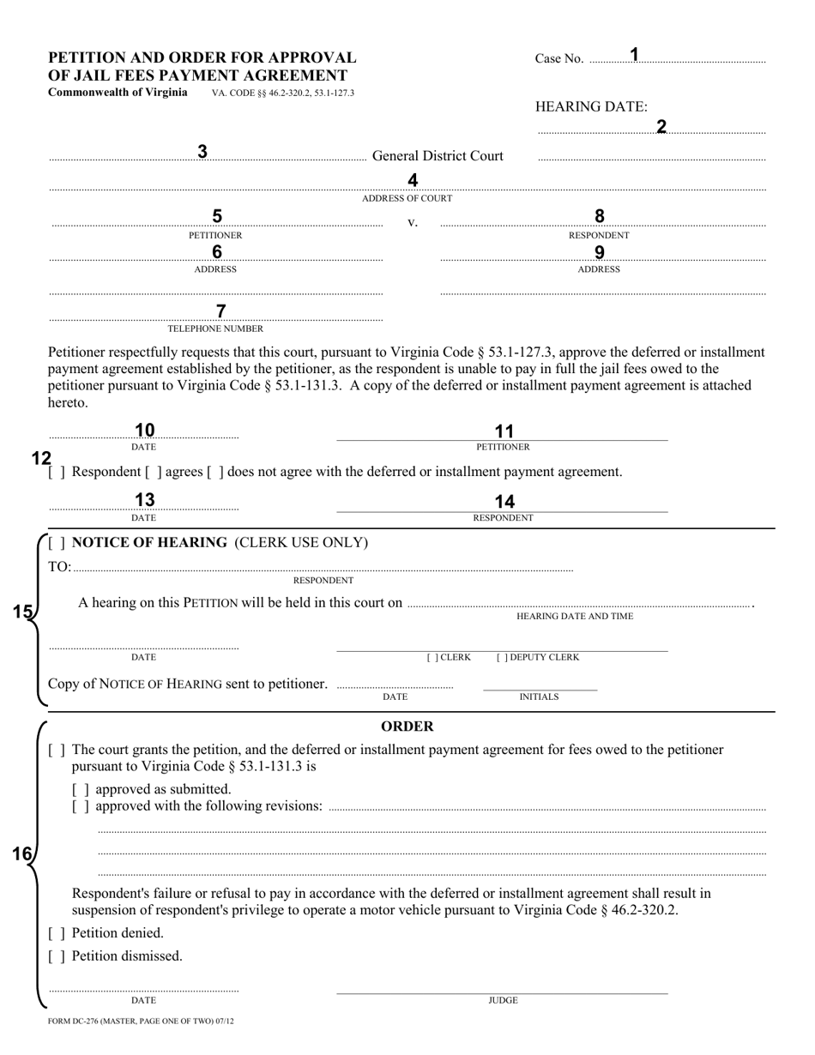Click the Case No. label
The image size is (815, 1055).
coord(558,58)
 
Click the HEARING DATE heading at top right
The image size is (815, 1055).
coord(591,106)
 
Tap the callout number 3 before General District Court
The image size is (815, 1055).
coord(202,152)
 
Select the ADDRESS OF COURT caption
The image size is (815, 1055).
coord(407,198)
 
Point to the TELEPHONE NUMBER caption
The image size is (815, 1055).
coord(215,329)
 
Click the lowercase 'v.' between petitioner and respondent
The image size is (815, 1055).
coord(412,223)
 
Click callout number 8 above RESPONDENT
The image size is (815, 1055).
coord(600,216)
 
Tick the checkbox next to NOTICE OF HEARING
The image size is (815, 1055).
coord(57,543)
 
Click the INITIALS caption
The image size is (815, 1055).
coord(539,697)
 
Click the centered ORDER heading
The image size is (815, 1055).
coord(407,726)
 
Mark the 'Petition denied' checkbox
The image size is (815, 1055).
coord(57,933)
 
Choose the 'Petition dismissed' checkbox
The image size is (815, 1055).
coord(57,956)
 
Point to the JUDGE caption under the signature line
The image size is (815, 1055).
coord(503,1000)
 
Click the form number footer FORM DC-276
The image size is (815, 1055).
coord(141,1022)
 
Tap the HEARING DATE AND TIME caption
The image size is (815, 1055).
coord(575,617)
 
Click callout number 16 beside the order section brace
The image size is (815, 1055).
coord(21,853)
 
